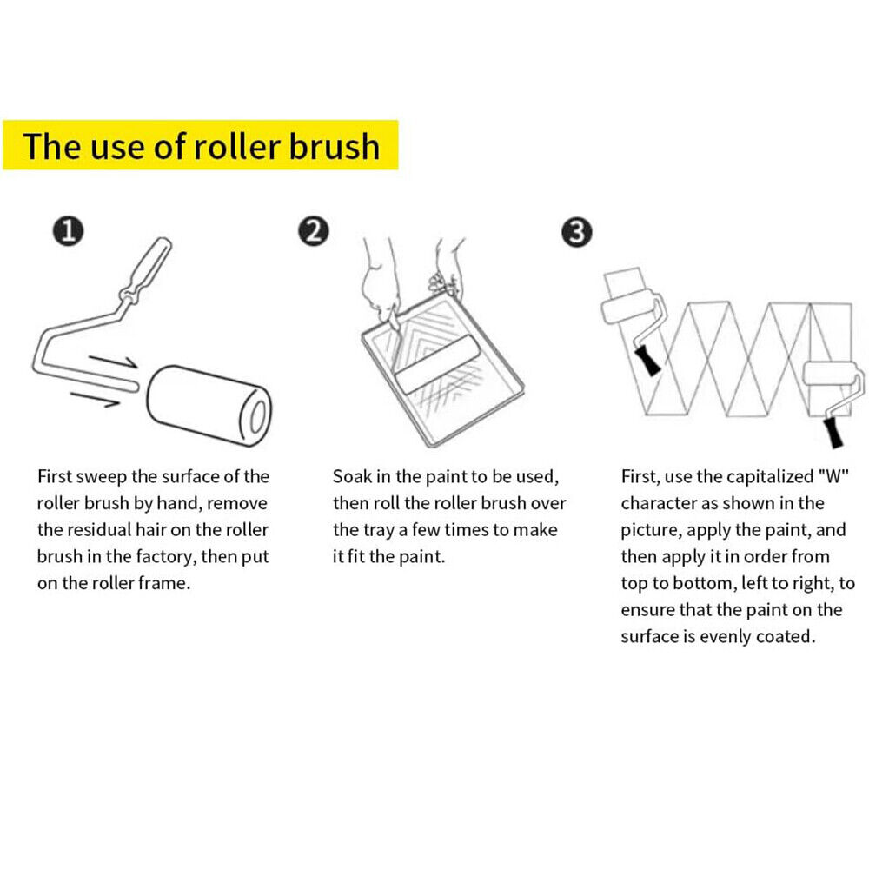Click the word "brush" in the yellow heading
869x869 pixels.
[334, 146]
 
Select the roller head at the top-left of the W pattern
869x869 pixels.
[627, 308]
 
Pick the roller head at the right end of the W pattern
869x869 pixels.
[830, 376]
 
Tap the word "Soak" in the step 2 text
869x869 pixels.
[352, 476]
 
